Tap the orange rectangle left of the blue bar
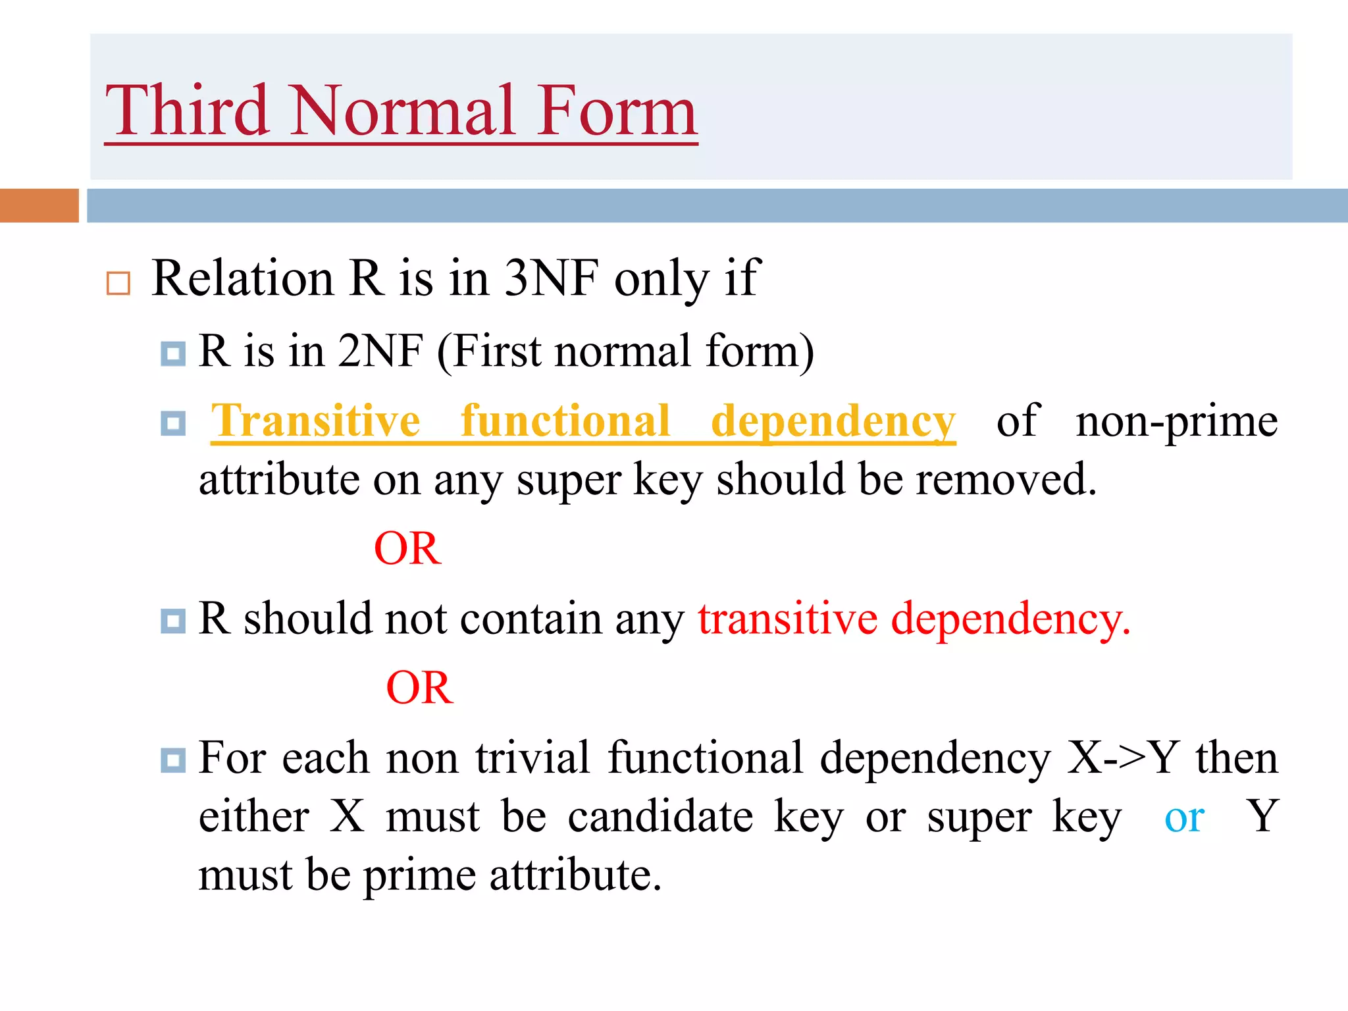click(39, 205)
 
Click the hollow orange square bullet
click(118, 283)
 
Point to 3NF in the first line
click(552, 278)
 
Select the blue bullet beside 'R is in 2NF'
click(173, 353)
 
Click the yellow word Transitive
click(315, 421)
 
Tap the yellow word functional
click(565, 421)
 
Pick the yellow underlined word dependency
click(833, 421)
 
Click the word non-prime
click(1176, 421)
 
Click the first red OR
click(407, 548)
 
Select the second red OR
click(419, 688)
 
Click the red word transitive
click(787, 619)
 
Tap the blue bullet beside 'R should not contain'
click(173, 620)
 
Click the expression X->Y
click(1123, 758)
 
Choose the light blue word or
click(1184, 817)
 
